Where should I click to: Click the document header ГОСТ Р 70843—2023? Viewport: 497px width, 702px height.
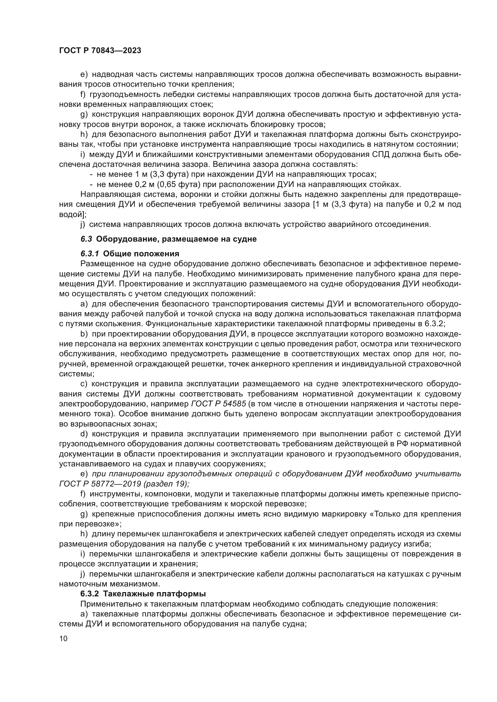click(x=100, y=50)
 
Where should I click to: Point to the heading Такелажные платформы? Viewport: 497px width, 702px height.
click(x=154, y=594)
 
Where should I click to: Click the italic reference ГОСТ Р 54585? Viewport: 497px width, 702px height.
click(x=218, y=404)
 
